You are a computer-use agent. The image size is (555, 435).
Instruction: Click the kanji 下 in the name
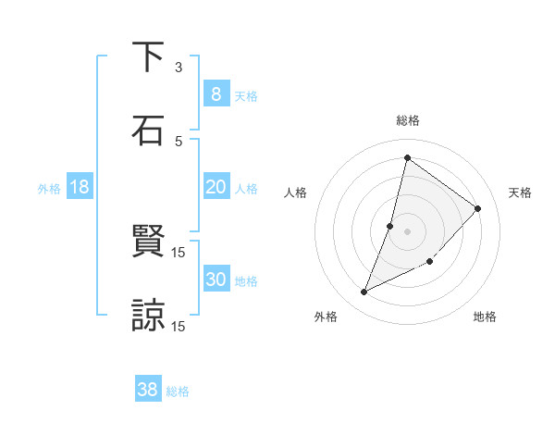[x=148, y=57]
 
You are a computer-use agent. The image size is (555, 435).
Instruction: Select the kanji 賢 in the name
[x=148, y=242]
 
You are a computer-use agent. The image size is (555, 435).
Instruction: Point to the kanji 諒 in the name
[x=148, y=315]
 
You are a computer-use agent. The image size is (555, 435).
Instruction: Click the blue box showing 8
[x=216, y=93]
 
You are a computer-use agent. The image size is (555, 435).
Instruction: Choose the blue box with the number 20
[x=216, y=187]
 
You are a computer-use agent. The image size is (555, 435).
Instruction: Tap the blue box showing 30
[x=216, y=280]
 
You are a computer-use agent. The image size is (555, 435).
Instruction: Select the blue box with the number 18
[x=80, y=187]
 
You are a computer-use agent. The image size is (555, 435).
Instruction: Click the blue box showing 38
[x=147, y=390]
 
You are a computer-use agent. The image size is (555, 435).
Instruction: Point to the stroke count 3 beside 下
[x=179, y=68]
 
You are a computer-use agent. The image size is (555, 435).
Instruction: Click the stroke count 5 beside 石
[x=179, y=141]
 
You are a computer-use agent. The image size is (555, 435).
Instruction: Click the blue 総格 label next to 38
[x=178, y=391]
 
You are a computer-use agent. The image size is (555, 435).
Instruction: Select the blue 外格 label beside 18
[x=49, y=189]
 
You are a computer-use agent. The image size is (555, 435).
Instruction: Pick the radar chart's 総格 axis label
[x=408, y=120]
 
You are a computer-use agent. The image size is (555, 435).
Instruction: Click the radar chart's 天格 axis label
[x=521, y=193]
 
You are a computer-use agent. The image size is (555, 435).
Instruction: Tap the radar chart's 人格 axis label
[x=296, y=193]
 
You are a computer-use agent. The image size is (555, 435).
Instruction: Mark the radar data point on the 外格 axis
[x=364, y=292]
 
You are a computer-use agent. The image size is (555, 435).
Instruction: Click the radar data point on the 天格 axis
[x=478, y=208]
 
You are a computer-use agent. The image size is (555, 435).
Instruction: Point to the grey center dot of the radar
[x=407, y=230]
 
